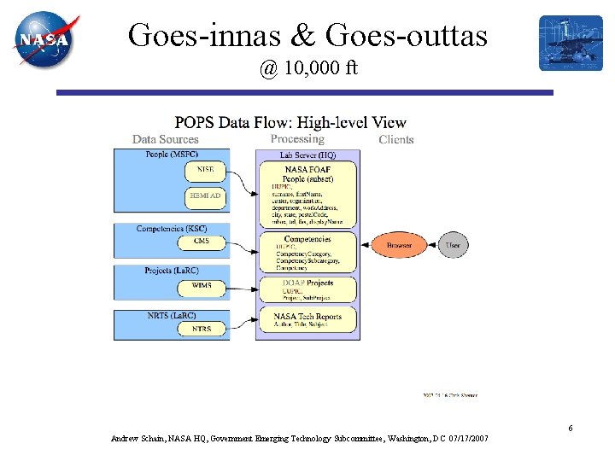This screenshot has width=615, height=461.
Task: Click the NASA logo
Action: (x=45, y=39)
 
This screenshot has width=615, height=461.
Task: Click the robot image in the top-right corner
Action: (x=571, y=43)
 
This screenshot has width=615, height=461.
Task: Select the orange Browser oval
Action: (x=399, y=245)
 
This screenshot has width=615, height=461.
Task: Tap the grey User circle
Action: (x=453, y=245)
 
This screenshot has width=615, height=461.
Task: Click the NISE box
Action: (x=205, y=171)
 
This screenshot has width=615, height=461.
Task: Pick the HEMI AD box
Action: (x=205, y=196)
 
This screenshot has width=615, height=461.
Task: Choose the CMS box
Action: (x=202, y=242)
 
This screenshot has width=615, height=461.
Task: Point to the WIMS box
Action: (x=202, y=285)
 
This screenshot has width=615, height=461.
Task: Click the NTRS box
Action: (x=202, y=329)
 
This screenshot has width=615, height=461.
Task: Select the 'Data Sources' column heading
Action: (x=165, y=139)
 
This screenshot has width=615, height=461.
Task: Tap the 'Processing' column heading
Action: (x=297, y=139)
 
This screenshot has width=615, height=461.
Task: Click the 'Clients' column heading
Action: (x=396, y=139)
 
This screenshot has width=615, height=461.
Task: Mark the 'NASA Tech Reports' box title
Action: (x=307, y=316)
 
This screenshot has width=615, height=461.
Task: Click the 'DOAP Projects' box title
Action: (x=307, y=283)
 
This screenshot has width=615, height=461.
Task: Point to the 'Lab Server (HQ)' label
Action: (x=307, y=155)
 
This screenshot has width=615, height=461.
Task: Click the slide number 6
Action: (x=570, y=428)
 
